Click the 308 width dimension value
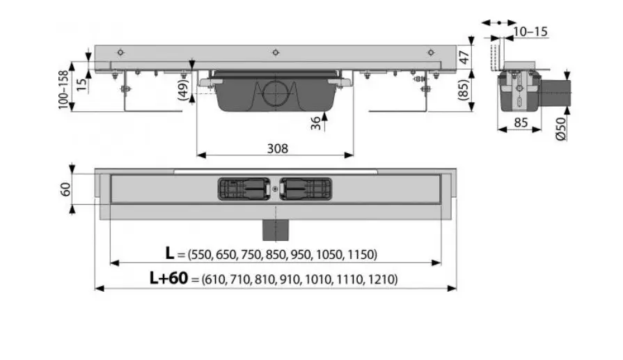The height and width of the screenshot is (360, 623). [x=277, y=148]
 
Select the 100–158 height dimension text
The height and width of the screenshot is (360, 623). [x=63, y=90]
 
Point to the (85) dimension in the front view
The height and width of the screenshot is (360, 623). [x=464, y=91]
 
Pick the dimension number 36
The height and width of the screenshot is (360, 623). [x=315, y=123]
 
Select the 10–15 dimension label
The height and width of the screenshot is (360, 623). [x=530, y=31]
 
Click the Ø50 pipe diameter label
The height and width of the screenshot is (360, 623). [x=560, y=129]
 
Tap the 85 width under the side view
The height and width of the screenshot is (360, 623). [x=521, y=123]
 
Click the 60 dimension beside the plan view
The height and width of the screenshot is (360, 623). [x=65, y=189]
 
